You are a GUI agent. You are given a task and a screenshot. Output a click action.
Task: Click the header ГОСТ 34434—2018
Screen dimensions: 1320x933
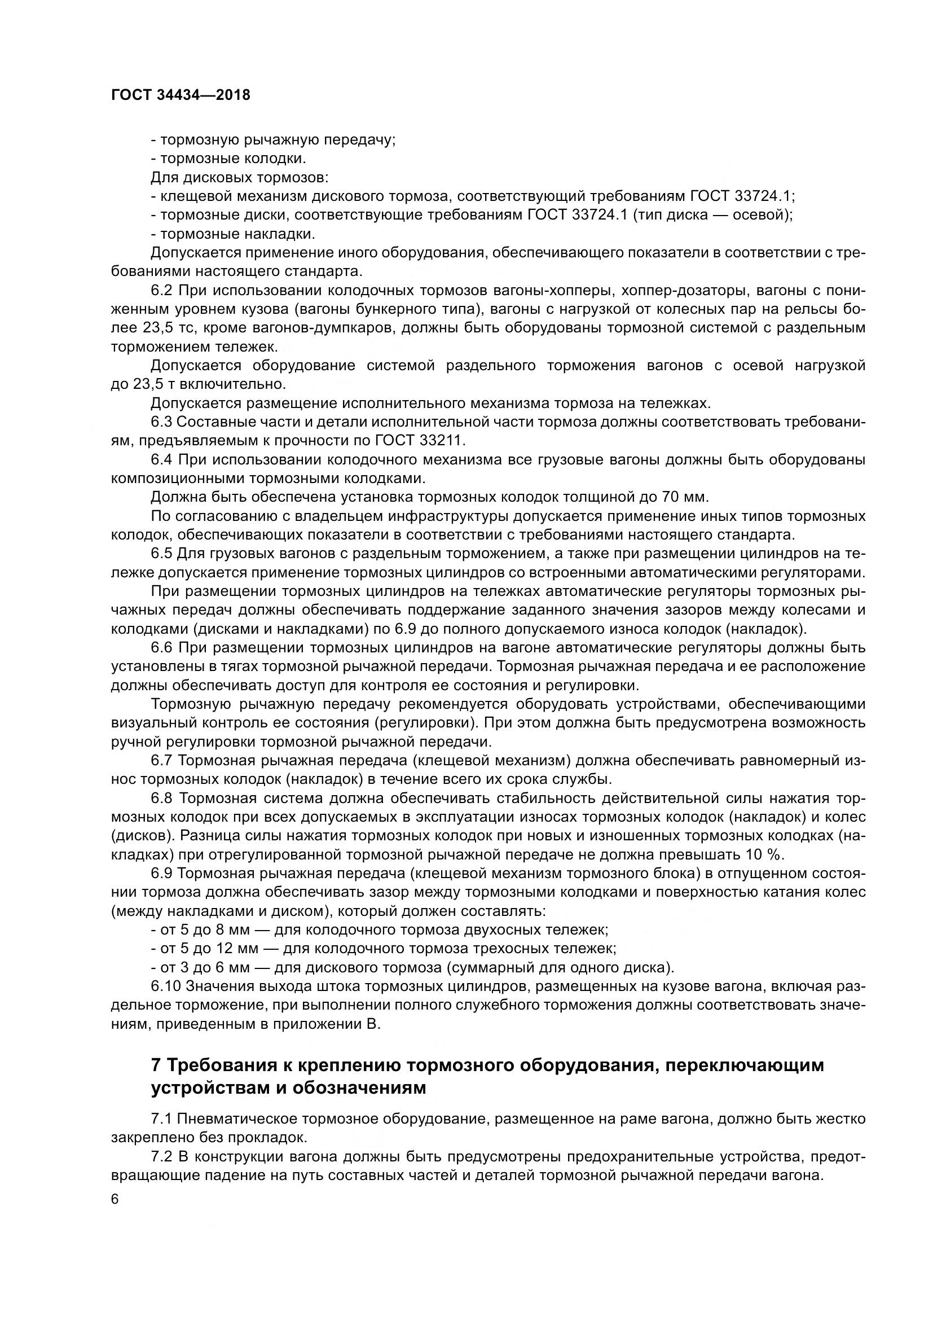click(x=181, y=95)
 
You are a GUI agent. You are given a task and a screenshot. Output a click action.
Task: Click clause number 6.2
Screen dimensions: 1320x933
click(x=161, y=290)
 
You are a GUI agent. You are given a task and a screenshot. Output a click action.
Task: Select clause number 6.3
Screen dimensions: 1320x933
click(x=161, y=422)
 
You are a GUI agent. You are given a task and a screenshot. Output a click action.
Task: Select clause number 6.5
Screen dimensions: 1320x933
click(x=161, y=554)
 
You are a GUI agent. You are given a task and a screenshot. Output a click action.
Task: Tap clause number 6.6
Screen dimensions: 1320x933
click(x=161, y=648)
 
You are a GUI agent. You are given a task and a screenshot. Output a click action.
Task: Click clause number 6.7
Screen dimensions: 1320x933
click(x=161, y=761)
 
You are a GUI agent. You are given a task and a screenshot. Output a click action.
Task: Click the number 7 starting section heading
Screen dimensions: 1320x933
click(x=156, y=1065)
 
